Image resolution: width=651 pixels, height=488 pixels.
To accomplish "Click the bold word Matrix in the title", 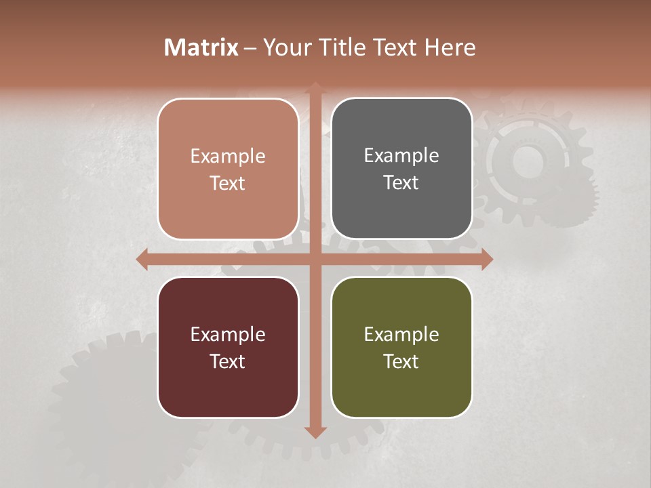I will tap(201, 47).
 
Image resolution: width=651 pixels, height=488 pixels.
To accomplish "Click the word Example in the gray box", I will tap(401, 156).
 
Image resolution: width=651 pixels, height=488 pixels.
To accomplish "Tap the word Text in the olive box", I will tap(401, 361).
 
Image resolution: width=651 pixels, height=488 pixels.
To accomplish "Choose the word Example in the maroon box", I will tap(228, 334).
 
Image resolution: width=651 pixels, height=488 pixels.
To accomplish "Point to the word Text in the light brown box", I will tap(228, 184).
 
